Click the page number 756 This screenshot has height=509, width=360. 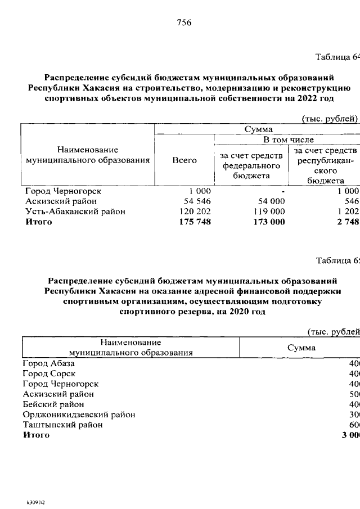184,23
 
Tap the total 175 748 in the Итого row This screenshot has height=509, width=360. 194,222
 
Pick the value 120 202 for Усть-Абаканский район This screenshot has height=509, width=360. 193,211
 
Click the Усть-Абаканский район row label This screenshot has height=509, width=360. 75,211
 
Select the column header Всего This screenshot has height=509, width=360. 184,160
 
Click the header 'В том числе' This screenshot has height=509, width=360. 286,139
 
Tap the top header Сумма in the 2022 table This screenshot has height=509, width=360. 258,129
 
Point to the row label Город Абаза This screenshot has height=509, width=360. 48,364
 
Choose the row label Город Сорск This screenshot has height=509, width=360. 49,374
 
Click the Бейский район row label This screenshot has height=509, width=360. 53,404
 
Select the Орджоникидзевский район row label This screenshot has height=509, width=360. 79,415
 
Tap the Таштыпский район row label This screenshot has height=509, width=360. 62,425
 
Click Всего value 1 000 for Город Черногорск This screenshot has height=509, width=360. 200,191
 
